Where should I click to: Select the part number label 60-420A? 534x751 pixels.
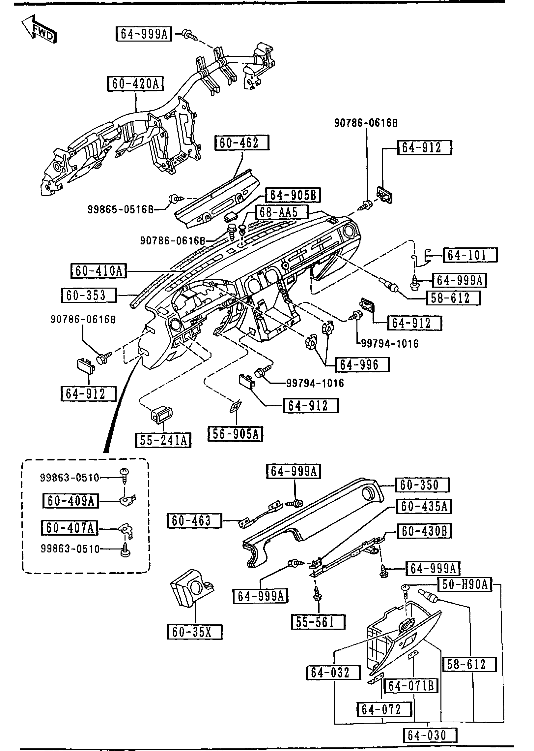click(x=135, y=84)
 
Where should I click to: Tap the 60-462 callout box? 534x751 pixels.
click(x=242, y=143)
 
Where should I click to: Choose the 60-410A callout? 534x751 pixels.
click(x=99, y=271)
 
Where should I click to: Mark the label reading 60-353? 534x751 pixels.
click(x=89, y=295)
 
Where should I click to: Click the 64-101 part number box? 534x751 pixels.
click(x=470, y=255)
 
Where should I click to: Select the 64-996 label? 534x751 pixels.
click(x=362, y=364)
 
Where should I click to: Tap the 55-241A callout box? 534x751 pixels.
click(x=163, y=440)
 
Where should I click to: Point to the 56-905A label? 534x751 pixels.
click(x=236, y=434)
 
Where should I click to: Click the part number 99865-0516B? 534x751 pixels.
click(x=121, y=209)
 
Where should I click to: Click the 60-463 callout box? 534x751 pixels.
click(x=194, y=521)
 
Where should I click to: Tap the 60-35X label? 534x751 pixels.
click(x=194, y=632)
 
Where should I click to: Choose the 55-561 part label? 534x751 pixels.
click(x=318, y=622)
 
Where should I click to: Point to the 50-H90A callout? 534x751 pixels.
click(x=464, y=585)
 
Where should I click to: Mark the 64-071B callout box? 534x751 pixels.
click(x=411, y=686)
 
